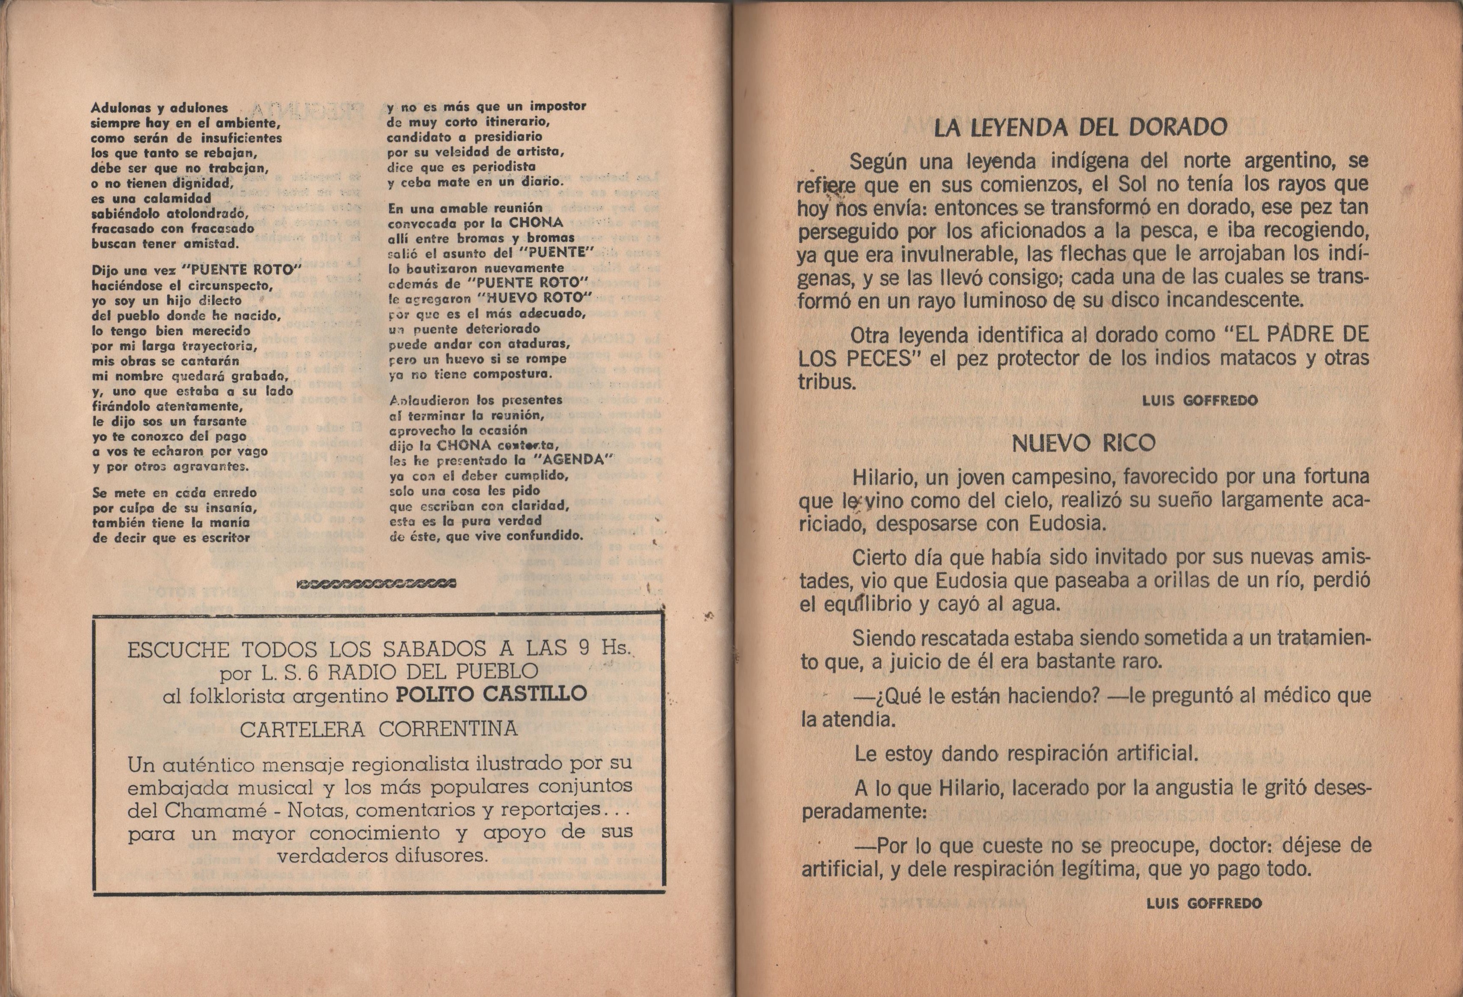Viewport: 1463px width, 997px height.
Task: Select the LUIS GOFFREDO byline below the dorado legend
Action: (x=1200, y=401)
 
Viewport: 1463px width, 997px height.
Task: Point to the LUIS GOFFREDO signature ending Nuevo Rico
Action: (x=1204, y=904)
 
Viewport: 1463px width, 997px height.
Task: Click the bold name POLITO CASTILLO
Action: (x=491, y=694)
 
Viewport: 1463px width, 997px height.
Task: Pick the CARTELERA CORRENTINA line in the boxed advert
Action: (x=379, y=730)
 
